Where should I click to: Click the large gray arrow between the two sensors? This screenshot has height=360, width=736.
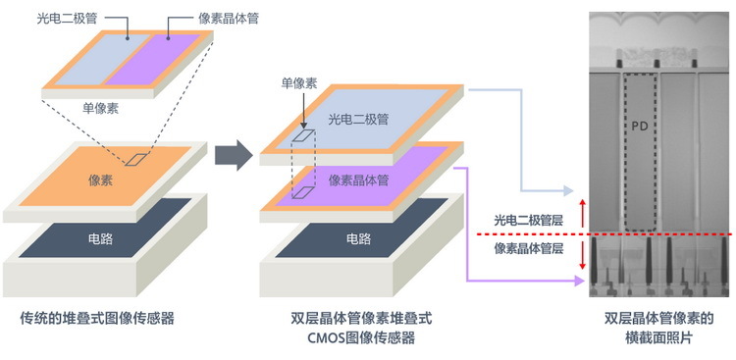234,154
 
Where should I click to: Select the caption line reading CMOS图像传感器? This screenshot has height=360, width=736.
361,338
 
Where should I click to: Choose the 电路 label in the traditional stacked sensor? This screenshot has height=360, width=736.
101,238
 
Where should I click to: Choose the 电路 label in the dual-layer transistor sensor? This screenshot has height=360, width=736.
359,238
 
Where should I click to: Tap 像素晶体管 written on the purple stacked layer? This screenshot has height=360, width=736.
357,180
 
